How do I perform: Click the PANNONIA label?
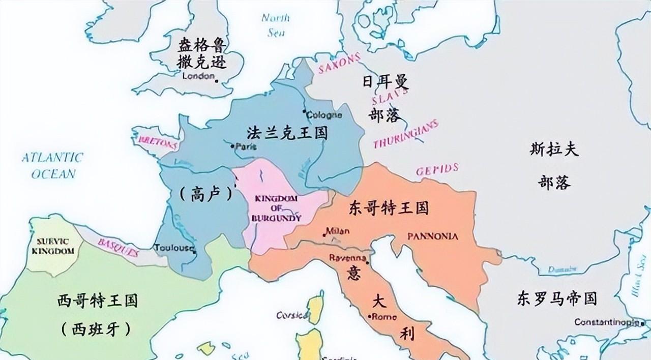point(433,236)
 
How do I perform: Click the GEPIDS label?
point(437,169)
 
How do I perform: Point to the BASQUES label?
point(117,246)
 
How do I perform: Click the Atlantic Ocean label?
point(53,165)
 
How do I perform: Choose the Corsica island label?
point(292,315)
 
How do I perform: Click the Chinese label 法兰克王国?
point(287,133)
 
